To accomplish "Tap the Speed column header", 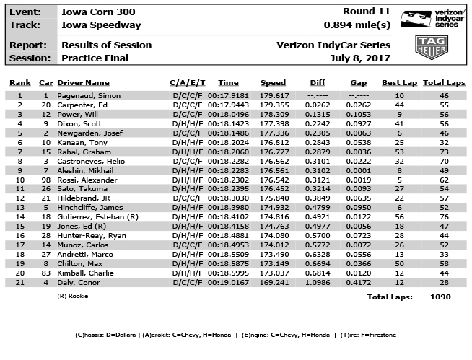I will [x=273, y=83].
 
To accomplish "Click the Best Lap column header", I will [x=399, y=83].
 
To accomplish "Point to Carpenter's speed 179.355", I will [x=274, y=105].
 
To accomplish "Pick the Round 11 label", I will [x=369, y=12].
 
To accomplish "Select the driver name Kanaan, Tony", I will [x=84, y=142].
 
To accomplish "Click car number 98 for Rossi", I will [x=46, y=180].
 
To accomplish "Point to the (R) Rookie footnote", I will [x=73, y=296].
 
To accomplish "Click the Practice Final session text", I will [x=95, y=58].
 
